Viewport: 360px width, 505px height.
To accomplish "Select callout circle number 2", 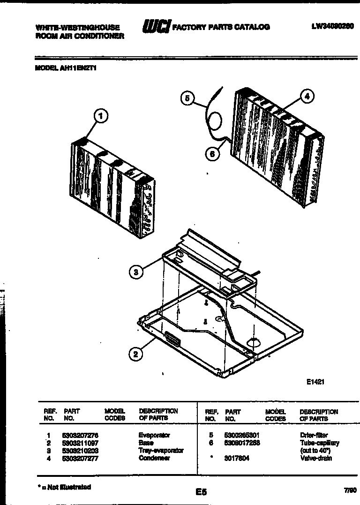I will pos(135,354).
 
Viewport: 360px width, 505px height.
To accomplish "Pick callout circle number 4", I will pos(306,97).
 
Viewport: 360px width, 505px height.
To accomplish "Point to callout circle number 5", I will pos(187,98).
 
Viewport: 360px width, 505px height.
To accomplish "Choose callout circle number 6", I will pos(212,153).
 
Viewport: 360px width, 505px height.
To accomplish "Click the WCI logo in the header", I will pos(156,27).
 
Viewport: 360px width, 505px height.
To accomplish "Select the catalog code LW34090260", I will pos(332,27).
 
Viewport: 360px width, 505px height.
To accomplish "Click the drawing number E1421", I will pos(315,382).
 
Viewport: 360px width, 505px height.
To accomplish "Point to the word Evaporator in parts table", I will pos(154,435).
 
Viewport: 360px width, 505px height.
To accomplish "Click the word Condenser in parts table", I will pos(154,458).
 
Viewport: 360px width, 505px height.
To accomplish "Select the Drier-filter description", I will pos(314,435).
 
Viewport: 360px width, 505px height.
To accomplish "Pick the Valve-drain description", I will pos(315,458).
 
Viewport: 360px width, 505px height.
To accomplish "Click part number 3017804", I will pos(237,458).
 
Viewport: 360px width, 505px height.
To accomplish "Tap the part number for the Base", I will pos(80,443).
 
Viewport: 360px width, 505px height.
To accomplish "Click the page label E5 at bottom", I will pos(201,492).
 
